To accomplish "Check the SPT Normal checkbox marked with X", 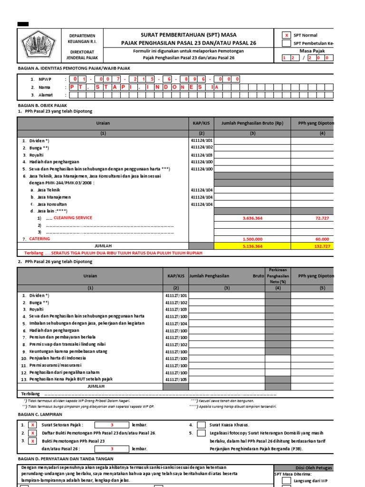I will pyautogui.click(x=286, y=35).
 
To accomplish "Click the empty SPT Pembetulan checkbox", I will pyautogui.click(x=286, y=43).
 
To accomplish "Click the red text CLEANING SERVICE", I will pyautogui.click(x=73, y=218).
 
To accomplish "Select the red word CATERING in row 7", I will pyautogui.click(x=39, y=239).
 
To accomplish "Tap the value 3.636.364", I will pyautogui.click(x=252, y=218).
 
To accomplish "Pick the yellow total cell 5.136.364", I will pyautogui.click(x=252, y=246).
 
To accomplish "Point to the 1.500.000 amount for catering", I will pyautogui.click(x=252, y=239).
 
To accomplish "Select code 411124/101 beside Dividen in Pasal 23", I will pyautogui.click(x=202, y=141).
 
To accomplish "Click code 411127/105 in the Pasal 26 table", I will pyautogui.click(x=176, y=380).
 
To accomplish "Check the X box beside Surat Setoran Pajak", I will pyautogui.click(x=32, y=425).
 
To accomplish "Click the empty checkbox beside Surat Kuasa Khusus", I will pyautogui.click(x=202, y=425).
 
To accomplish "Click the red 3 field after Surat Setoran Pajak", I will pyautogui.click(x=112, y=425).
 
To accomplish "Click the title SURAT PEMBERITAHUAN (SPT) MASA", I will pyautogui.click(x=189, y=35).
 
